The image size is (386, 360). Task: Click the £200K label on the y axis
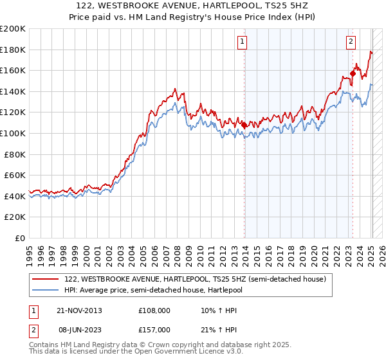13,28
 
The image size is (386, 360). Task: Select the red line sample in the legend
45,279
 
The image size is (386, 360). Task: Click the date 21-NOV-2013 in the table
80,310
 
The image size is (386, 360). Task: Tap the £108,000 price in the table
154,310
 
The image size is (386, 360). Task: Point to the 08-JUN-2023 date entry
80,330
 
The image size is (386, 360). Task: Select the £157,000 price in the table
154,330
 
